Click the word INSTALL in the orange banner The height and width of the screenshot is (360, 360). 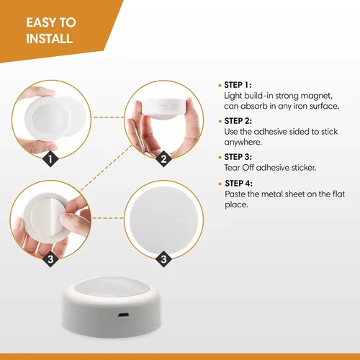[50, 38]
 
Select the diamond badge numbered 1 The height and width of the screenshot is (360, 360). [50, 158]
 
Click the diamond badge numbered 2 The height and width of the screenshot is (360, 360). [163, 158]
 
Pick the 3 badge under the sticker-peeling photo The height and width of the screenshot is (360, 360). [50, 259]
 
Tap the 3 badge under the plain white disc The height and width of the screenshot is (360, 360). [163, 259]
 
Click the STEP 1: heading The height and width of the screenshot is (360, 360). [238, 85]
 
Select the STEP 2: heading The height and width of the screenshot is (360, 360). [238, 121]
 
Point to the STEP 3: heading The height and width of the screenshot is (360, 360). [238, 157]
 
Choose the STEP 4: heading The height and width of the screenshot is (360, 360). [238, 184]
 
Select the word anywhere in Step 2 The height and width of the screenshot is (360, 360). [243, 143]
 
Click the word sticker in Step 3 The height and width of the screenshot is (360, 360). [304, 167]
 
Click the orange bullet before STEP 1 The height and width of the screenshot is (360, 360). [220, 86]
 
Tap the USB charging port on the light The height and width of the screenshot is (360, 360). [124, 315]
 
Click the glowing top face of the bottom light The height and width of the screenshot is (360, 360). [111, 289]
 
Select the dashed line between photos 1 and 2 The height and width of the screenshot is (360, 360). [108, 117]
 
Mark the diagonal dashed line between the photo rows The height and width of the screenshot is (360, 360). [107, 167]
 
